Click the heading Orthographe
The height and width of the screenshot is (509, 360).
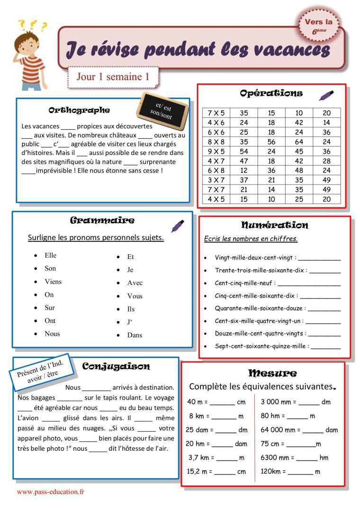pyautogui.click(x=79, y=110)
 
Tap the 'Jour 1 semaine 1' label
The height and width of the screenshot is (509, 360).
pyautogui.click(x=113, y=77)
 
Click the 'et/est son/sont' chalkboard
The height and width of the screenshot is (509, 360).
pyautogui.click(x=162, y=112)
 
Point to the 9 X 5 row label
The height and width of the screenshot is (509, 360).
pyautogui.click(x=216, y=152)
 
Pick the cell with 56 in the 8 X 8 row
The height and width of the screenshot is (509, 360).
pyautogui.click(x=271, y=142)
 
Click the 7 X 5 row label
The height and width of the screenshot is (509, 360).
pyautogui.click(x=216, y=113)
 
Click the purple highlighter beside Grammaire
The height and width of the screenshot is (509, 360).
pyautogui.click(x=178, y=225)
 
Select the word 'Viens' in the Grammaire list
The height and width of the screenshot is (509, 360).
pyautogui.click(x=53, y=282)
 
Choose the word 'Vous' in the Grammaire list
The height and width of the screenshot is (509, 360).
pyautogui.click(x=135, y=296)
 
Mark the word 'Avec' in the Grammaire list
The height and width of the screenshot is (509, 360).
pyautogui.click(x=135, y=283)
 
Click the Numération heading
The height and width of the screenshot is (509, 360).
pyautogui.click(x=274, y=225)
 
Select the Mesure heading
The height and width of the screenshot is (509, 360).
pyautogui.click(x=272, y=373)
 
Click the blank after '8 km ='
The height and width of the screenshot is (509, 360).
pyautogui.click(x=224, y=417)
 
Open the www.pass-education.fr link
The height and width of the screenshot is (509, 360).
pyautogui.click(x=50, y=492)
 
